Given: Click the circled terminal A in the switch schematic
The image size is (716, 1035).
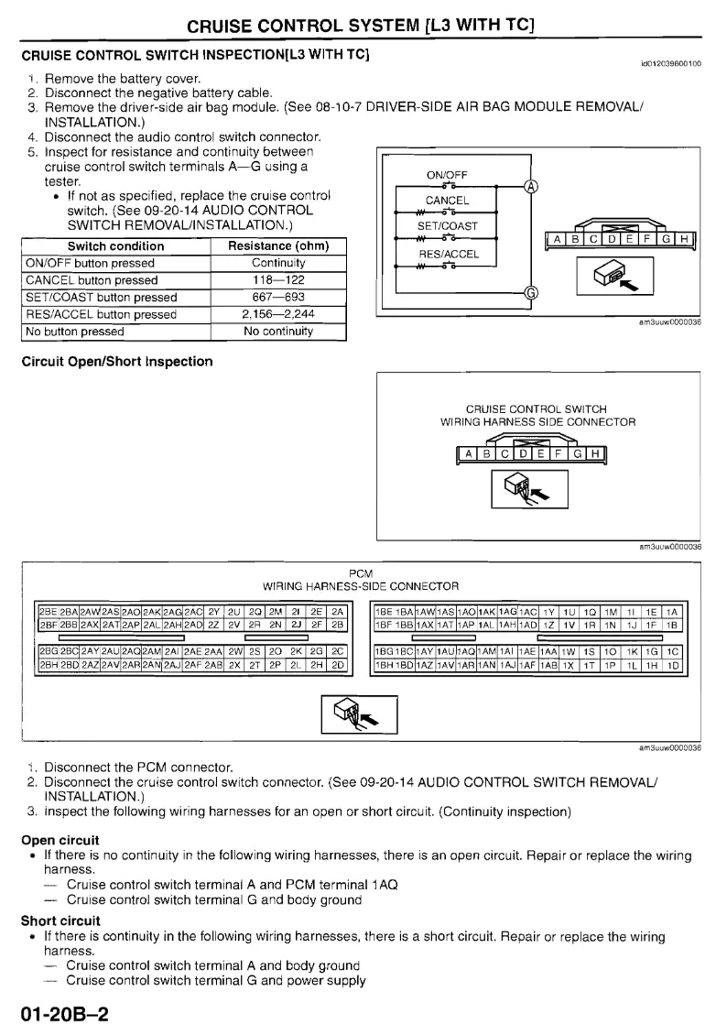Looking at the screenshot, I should [530, 189].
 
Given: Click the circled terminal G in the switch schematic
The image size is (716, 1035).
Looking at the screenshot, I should [530, 294].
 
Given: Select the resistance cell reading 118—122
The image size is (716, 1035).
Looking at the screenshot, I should [277, 279].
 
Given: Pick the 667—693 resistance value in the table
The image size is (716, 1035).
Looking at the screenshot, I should [277, 297].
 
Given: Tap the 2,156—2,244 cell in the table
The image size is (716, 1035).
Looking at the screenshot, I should [277, 314].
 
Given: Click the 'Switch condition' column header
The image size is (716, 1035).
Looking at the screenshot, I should [115, 245].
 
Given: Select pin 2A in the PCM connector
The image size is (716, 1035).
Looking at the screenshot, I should [338, 610].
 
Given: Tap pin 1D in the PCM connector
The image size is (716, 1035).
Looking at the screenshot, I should [674, 666].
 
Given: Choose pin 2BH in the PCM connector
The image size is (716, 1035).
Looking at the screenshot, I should [49, 666].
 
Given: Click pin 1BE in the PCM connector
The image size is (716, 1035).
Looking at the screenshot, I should [385, 610].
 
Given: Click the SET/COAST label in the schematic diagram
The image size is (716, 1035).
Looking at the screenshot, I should [447, 226].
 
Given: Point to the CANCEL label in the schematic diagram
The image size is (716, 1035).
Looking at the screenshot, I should [447, 201].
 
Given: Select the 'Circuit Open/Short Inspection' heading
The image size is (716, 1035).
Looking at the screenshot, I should [116, 361].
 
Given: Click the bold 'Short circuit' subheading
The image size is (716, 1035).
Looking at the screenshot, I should [60, 921].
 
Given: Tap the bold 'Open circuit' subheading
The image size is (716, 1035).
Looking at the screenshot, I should [60, 839].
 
